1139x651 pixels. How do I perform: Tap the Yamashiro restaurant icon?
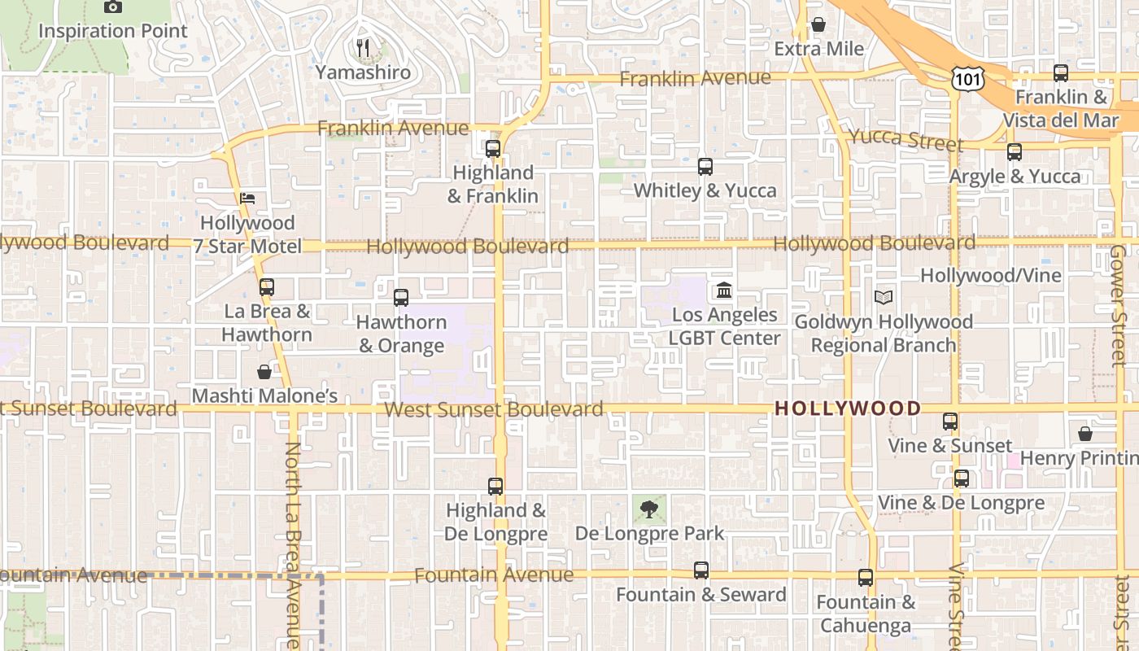pos(363,48)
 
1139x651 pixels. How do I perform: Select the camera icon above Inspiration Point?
pos(113,7)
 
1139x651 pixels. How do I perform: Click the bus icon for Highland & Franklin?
pos(492,149)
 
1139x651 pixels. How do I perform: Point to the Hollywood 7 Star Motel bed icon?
pos(247,199)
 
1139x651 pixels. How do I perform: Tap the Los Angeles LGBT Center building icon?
pos(724,290)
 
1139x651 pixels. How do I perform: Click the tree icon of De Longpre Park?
pos(648,510)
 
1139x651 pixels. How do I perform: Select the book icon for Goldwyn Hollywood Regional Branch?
pos(884,298)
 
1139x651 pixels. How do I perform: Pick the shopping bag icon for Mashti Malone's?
pos(264,372)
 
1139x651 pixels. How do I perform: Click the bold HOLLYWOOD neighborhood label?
pos(848,409)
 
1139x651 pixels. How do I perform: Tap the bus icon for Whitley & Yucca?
pos(705,167)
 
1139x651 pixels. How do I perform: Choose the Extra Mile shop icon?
pos(818,25)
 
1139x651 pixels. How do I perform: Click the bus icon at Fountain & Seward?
pos(701,570)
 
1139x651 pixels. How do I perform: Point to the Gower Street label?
pos(1119,305)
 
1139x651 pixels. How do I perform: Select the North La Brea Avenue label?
pos(293,545)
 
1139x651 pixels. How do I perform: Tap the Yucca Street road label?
pos(906,140)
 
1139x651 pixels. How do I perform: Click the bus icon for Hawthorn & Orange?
pos(400,298)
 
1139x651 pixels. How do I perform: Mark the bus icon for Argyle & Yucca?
pos(1014,152)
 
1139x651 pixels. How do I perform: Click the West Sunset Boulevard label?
pos(493,409)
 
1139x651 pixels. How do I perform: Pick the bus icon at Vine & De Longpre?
pos(962,478)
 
